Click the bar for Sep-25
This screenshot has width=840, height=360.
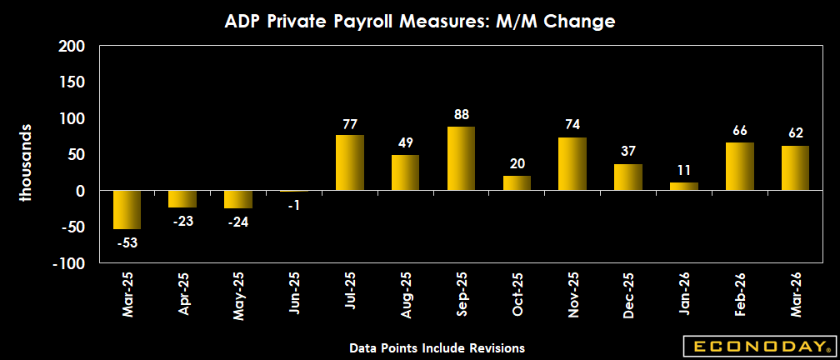click(x=461, y=158)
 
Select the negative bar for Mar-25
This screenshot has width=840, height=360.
click(x=127, y=210)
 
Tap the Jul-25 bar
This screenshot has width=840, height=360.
click(x=349, y=162)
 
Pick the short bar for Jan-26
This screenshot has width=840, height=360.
click(x=683, y=187)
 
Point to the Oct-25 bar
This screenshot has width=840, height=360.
click(x=517, y=183)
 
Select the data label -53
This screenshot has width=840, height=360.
click(x=127, y=242)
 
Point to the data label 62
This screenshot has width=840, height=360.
click(x=795, y=134)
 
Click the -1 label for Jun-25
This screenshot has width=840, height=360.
click(x=293, y=206)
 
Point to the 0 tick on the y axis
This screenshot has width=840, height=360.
click(x=82, y=191)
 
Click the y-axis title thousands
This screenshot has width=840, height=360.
click(x=26, y=162)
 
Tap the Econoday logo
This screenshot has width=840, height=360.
click(x=757, y=345)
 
